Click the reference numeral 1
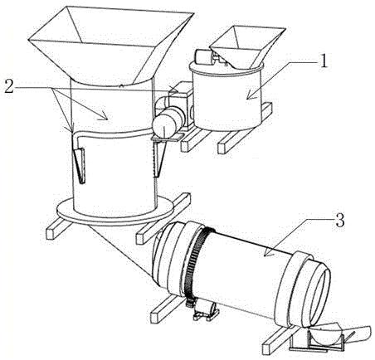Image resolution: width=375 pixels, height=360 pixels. [323, 61]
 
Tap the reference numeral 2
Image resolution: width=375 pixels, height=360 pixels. [9, 86]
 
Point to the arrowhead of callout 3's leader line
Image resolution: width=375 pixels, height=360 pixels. [267, 252]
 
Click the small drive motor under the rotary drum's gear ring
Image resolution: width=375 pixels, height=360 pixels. [206, 310]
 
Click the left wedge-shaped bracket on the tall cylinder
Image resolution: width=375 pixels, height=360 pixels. [79, 165]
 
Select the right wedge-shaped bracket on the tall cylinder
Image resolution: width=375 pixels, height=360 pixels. [159, 158]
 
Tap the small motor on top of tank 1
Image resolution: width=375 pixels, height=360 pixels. [205, 57]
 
